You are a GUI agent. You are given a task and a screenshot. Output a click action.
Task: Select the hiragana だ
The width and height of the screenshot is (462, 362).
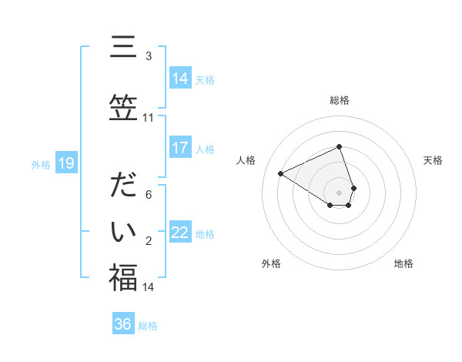pyautogui.click(x=123, y=187)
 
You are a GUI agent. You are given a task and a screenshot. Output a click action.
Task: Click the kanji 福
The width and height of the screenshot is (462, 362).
pyautogui.click(x=123, y=277)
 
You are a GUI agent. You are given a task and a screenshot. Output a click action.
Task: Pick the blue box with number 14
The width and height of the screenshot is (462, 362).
pyautogui.click(x=179, y=78)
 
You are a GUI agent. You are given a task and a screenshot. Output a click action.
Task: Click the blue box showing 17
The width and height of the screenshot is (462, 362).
pyautogui.click(x=179, y=148)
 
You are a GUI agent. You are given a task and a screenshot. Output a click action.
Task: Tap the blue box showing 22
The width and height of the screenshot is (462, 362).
pyautogui.click(x=179, y=233)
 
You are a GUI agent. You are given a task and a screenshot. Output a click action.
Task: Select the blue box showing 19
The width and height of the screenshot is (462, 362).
pyautogui.click(x=66, y=163)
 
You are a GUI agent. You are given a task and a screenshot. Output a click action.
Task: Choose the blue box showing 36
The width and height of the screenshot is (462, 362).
pyautogui.click(x=122, y=324)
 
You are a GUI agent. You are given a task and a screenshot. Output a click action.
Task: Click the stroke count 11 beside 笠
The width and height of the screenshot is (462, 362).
pyautogui.click(x=148, y=118)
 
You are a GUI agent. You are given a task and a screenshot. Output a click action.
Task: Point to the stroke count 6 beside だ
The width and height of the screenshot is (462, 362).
pyautogui.click(x=148, y=195)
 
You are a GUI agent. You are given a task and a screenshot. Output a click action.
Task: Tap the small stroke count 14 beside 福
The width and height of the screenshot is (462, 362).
pyautogui.click(x=148, y=287)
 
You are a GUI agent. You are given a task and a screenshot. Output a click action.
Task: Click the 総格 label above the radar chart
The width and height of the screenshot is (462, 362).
pyautogui.click(x=339, y=100)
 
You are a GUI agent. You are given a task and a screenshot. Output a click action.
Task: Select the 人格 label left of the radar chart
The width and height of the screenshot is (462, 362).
pyautogui.click(x=246, y=160)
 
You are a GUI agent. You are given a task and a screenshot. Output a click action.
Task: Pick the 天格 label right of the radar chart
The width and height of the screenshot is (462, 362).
pyautogui.click(x=433, y=160)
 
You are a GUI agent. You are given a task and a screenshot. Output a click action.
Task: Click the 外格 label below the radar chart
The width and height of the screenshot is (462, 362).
pyautogui.click(x=271, y=263)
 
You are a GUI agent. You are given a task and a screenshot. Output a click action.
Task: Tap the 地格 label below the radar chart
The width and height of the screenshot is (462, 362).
pyautogui.click(x=403, y=263)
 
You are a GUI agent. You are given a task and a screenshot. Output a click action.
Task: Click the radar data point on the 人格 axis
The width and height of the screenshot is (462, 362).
pyautogui.click(x=281, y=173)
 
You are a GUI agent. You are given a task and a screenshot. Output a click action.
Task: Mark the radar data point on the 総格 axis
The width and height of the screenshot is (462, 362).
pyautogui.click(x=339, y=146)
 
